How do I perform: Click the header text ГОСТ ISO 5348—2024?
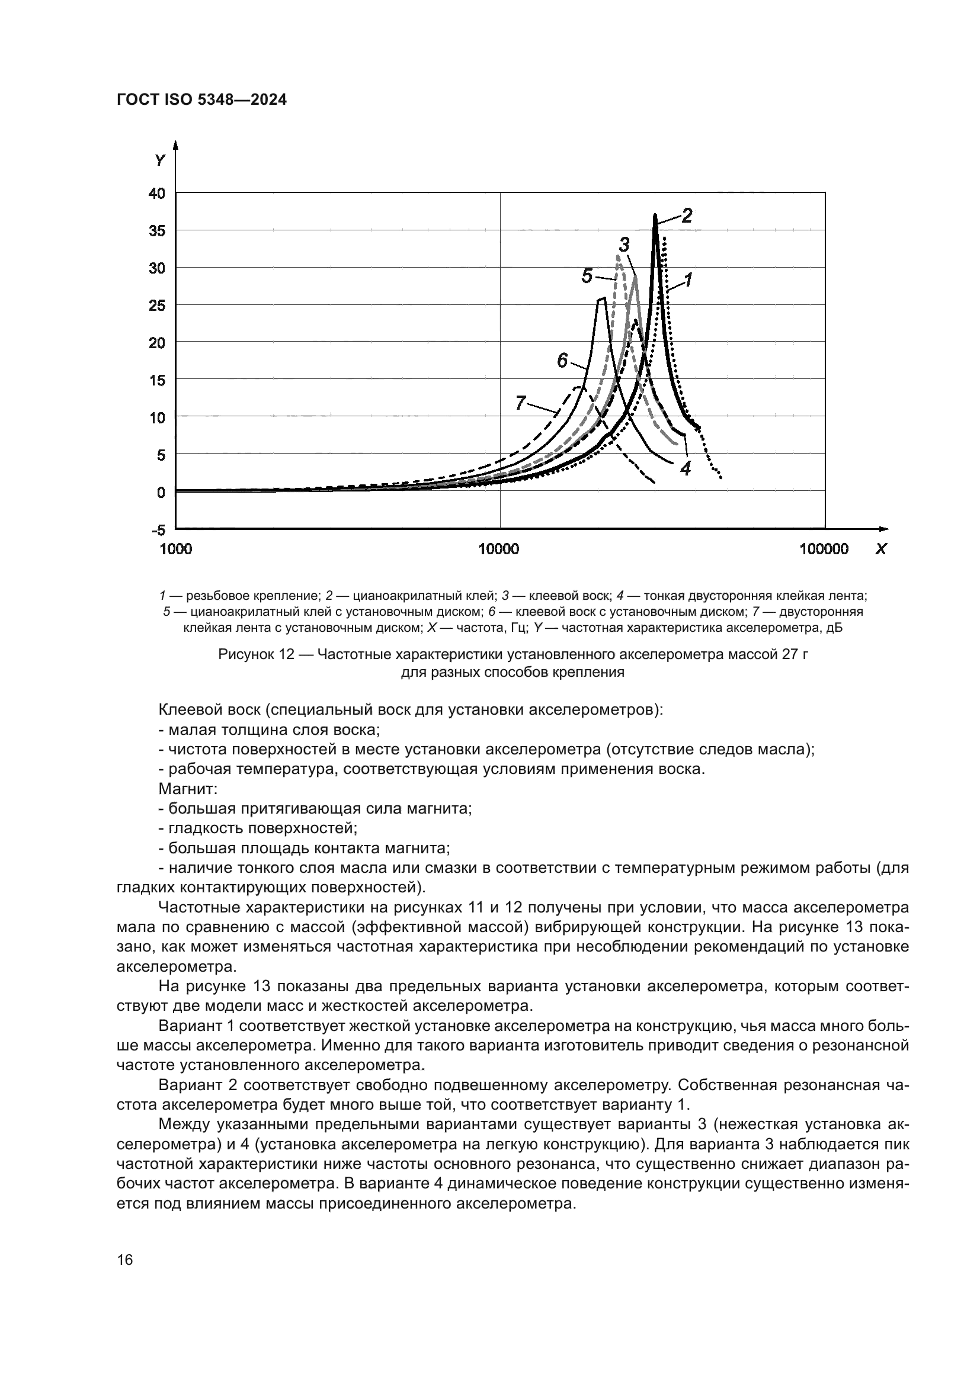pos(201,100)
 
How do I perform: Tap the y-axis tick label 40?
pos(156,194)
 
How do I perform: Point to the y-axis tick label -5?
pos(158,530)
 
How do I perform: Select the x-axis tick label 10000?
pos(498,549)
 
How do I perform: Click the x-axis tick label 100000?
pos(824,549)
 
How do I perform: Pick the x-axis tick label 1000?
pos(175,549)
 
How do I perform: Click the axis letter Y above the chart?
pos(159,160)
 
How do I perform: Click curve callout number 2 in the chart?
pos(687,216)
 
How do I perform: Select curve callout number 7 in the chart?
pos(521,402)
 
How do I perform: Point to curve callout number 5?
pos(587,277)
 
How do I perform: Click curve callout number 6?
pos(562,360)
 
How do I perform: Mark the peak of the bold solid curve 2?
pos(655,216)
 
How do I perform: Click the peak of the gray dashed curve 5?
pos(618,256)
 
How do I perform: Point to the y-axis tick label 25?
pos(156,306)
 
